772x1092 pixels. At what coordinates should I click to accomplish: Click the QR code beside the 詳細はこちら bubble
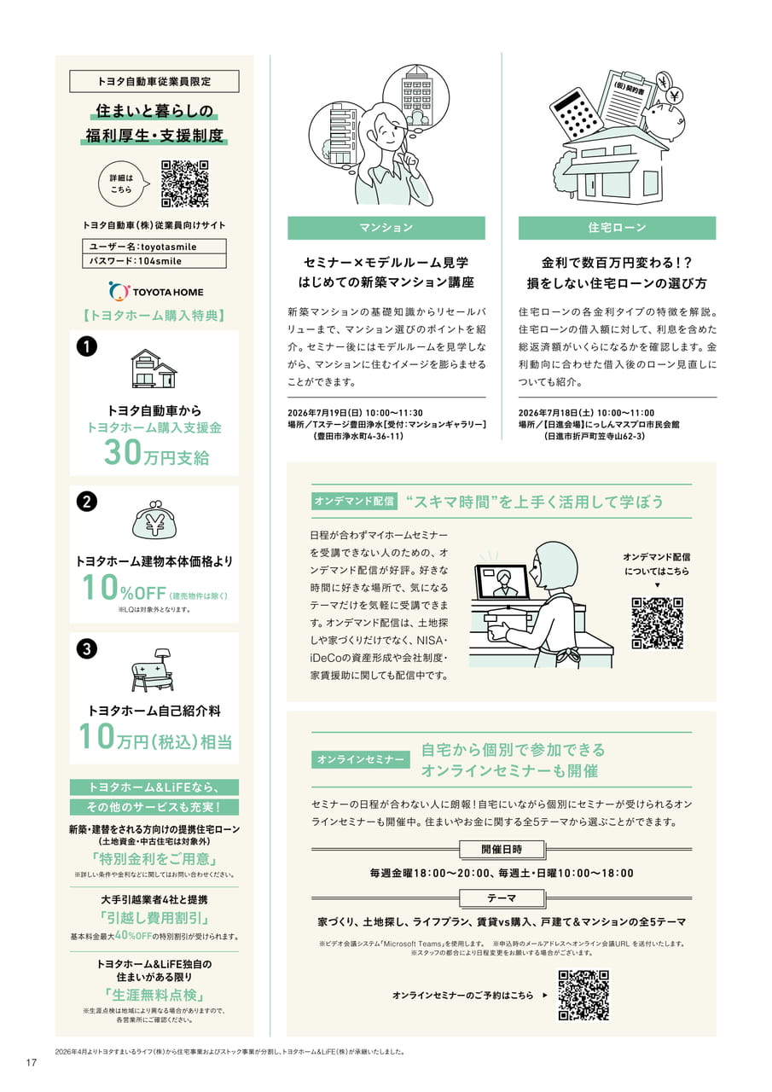pos(185,183)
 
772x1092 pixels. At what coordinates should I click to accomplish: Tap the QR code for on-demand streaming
pos(657,623)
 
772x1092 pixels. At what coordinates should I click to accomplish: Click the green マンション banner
pos(386,228)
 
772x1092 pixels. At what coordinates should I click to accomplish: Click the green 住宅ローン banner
pos(617,228)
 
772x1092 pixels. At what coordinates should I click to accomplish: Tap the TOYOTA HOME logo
pos(156,292)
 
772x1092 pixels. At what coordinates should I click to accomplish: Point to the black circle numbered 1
pos(87,346)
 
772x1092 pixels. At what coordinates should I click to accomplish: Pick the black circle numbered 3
pos(87,649)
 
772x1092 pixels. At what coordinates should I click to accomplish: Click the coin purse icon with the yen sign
pos(154,520)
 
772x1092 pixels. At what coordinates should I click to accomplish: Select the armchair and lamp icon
pos(152,670)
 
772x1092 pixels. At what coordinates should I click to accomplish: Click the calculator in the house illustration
pos(577,114)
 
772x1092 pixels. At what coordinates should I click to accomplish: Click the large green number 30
pos(122,452)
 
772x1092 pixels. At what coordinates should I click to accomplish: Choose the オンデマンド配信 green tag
pos(354,501)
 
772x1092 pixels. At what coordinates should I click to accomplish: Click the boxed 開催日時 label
pos(502,849)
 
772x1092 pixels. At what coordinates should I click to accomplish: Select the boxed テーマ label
pos(502,897)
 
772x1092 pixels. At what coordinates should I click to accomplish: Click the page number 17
pos(32,1063)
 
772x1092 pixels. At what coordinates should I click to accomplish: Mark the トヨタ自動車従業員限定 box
pos(154,81)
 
